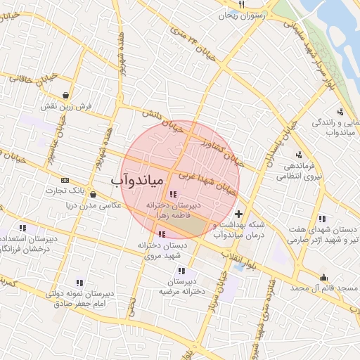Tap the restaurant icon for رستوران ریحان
tap(241, 4)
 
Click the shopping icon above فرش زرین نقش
tap(65, 95)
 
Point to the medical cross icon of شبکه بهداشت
tap(238, 214)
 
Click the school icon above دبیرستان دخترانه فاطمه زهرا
tap(173, 194)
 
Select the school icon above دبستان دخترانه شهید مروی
tap(162, 235)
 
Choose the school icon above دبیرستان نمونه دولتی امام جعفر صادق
tap(79, 283)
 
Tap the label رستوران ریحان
tap(240, 15)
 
